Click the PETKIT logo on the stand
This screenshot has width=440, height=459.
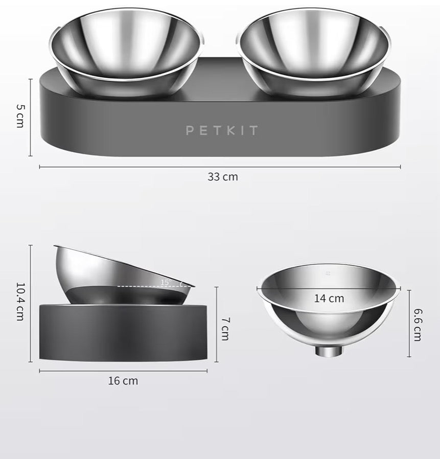point(222,130)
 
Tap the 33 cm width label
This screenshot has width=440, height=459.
point(223,177)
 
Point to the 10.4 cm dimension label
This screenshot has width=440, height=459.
point(20,302)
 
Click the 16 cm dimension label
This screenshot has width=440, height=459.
point(123,381)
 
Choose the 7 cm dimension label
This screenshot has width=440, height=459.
point(225,329)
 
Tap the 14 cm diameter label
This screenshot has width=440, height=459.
point(329,299)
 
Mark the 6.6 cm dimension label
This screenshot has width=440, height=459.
point(418,324)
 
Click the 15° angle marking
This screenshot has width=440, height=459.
point(166,282)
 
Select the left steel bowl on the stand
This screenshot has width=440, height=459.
point(126,53)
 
